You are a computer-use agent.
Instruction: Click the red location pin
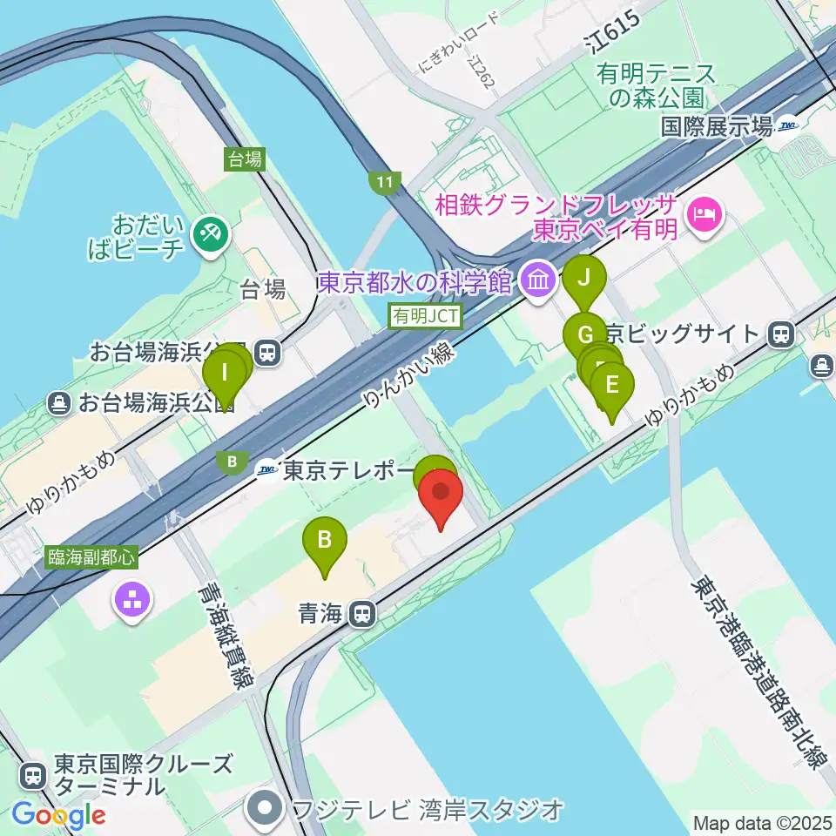(441, 497)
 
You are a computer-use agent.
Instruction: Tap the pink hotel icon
(703, 214)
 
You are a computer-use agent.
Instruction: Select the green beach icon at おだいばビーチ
(210, 234)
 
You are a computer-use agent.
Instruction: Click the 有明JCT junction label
(425, 317)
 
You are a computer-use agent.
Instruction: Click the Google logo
(57, 815)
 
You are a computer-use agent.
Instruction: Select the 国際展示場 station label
(717, 127)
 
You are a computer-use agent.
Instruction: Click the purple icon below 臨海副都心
(133, 599)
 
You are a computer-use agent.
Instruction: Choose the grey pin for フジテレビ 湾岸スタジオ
(264, 811)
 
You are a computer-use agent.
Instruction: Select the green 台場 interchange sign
(245, 158)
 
